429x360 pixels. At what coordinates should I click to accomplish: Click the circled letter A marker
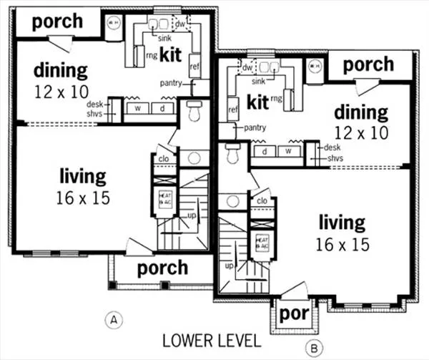click(112, 319)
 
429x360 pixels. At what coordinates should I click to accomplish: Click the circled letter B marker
click(313, 349)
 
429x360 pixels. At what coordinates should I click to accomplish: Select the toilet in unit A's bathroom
click(193, 111)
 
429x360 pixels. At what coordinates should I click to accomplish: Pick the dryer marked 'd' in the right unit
click(265, 152)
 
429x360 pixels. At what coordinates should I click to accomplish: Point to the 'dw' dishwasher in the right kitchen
click(247, 68)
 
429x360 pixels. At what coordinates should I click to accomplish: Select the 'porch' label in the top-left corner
click(58, 20)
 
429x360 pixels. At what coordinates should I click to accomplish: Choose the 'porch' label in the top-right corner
click(368, 64)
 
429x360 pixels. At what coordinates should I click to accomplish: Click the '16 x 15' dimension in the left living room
click(83, 198)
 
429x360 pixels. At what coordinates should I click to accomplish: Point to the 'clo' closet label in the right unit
click(262, 201)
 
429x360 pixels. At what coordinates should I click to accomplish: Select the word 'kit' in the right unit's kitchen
click(257, 102)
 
